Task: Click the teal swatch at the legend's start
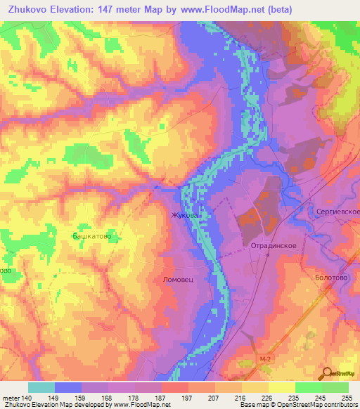coord(41,387)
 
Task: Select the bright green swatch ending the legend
coord(335,387)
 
